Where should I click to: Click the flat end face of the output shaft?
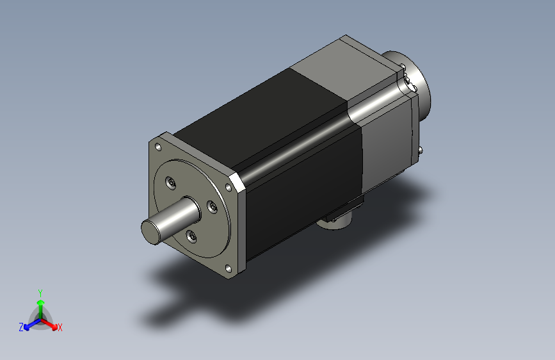pos(150,232)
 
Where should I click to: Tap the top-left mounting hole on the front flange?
pos(158,147)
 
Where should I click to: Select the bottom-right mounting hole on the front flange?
pos(229,269)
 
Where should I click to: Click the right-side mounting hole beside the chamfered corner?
pos(229,188)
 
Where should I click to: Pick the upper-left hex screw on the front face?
pos(171,183)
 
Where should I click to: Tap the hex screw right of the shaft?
pos(212,207)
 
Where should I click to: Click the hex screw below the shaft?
pos(191,236)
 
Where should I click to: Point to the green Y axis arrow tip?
pos(41,302)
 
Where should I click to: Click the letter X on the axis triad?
pos(60,328)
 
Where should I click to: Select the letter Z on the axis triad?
pos(21,327)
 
